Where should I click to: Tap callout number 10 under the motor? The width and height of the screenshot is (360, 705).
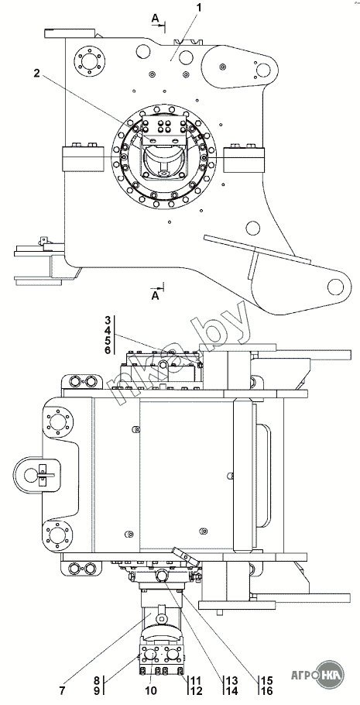[x=151, y=690]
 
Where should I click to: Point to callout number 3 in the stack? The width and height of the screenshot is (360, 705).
[x=108, y=321]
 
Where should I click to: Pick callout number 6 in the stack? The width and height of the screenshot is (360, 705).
[x=108, y=350]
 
